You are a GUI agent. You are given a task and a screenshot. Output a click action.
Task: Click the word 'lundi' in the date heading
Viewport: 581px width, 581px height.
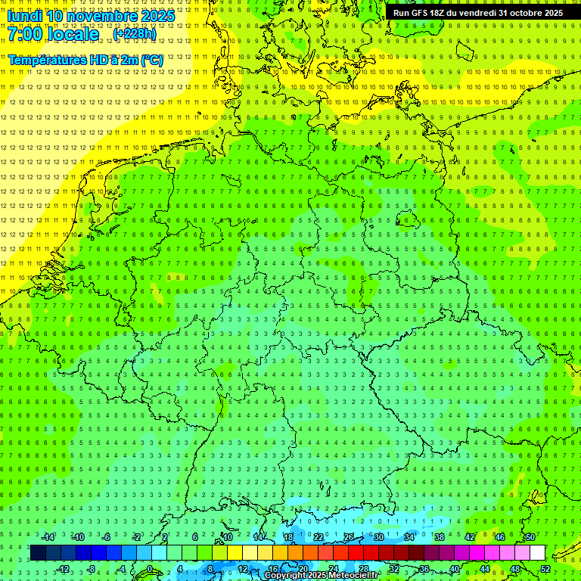(25, 16)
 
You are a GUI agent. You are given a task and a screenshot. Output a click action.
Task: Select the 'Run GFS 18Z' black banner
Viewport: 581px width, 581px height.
(483, 13)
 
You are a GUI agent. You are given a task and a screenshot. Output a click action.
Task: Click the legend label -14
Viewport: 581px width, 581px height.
(48, 537)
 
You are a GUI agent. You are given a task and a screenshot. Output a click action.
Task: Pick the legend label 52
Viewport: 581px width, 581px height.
(546, 569)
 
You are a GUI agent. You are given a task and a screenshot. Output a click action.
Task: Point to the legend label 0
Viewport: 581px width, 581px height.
(150, 569)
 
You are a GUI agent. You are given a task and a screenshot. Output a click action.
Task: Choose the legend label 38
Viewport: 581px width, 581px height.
(439, 537)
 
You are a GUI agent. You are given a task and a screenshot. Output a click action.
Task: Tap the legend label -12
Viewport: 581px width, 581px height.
(64, 569)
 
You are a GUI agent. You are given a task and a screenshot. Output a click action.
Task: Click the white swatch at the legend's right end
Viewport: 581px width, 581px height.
(538, 553)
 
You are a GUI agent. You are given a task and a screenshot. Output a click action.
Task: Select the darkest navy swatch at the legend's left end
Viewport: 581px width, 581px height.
(38, 553)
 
